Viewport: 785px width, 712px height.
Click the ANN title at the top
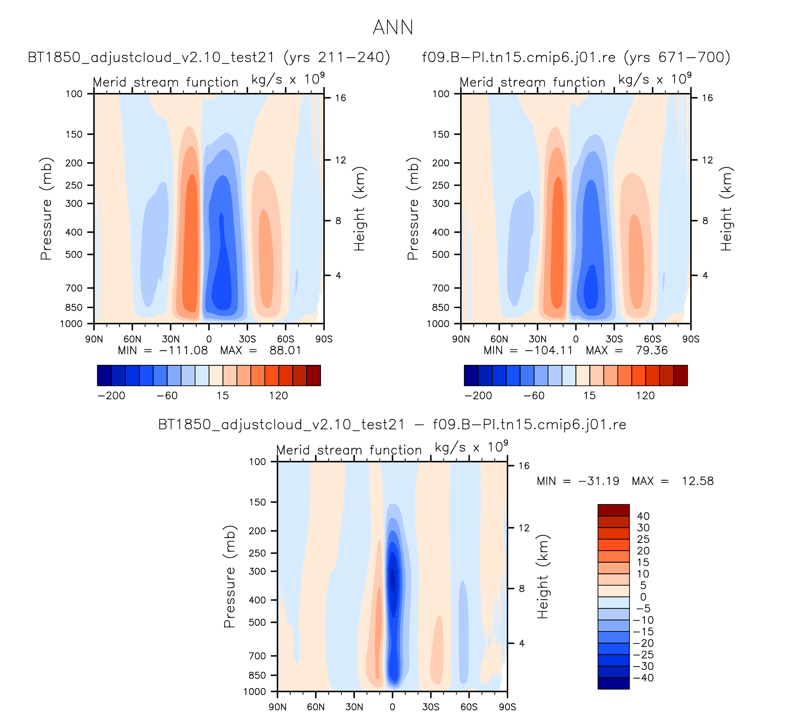(x=393, y=27)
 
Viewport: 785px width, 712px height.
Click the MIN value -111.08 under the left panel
(x=183, y=350)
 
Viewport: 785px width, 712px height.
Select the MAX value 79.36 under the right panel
(x=651, y=350)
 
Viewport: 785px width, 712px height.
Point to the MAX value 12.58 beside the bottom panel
(x=697, y=481)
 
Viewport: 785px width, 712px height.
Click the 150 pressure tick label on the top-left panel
(x=74, y=134)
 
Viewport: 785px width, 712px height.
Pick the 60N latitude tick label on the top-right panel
(x=499, y=339)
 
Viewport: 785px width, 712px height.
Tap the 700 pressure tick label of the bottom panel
(x=257, y=656)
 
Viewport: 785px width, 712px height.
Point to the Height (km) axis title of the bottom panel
(x=543, y=577)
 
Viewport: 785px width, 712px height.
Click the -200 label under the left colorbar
(x=111, y=396)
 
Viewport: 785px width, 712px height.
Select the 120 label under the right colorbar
(x=645, y=396)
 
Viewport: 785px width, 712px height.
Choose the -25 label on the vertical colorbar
(x=643, y=655)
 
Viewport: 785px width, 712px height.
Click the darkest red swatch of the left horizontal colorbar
(x=314, y=375)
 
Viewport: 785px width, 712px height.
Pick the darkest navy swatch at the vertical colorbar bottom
(x=613, y=683)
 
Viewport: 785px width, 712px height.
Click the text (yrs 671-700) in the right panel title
(x=677, y=57)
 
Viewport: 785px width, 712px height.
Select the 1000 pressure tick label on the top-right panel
(x=438, y=324)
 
